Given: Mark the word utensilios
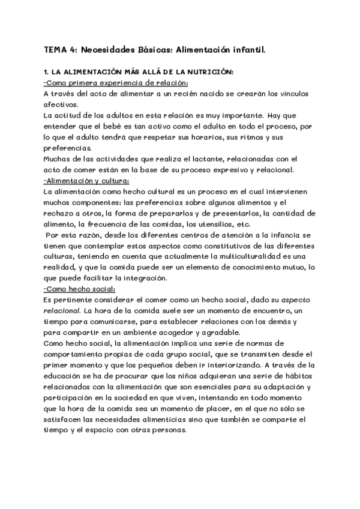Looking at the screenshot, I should point(225,224).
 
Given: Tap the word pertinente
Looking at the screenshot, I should point(72,300).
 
